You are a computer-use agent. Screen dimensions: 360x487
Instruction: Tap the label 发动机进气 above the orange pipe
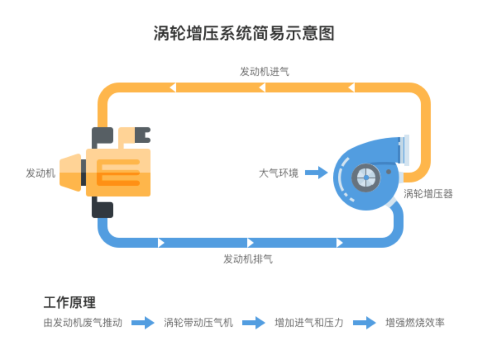pyautogui.click(x=264, y=72)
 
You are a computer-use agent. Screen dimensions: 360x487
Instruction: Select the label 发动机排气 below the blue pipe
pyautogui.click(x=248, y=259)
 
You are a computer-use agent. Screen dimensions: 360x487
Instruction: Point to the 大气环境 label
pyautogui.click(x=278, y=173)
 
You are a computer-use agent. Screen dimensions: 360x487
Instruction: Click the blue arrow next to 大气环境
pyautogui.click(x=316, y=173)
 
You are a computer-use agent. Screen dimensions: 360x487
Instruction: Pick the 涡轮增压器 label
pyautogui.click(x=428, y=194)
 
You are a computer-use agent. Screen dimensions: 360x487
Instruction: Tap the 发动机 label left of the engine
pyautogui.click(x=41, y=173)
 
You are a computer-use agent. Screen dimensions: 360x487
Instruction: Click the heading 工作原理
pyautogui.click(x=69, y=302)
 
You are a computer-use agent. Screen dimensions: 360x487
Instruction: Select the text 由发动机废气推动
pyautogui.click(x=83, y=323)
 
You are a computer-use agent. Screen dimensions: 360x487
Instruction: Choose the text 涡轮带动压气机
pyautogui.click(x=198, y=323)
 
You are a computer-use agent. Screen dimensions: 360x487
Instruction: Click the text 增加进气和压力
pyautogui.click(x=309, y=323)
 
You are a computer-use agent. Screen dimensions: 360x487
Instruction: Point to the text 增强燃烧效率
pyautogui.click(x=415, y=323)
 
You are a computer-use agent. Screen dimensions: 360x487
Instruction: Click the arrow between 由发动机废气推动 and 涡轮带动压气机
pyautogui.click(x=143, y=323)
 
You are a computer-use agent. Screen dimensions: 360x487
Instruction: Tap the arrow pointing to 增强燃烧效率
pyautogui.click(x=364, y=323)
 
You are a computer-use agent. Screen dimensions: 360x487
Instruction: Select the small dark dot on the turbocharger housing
pyautogui.click(x=388, y=172)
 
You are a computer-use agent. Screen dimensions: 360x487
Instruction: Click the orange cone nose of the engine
pyautogui.click(x=70, y=173)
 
